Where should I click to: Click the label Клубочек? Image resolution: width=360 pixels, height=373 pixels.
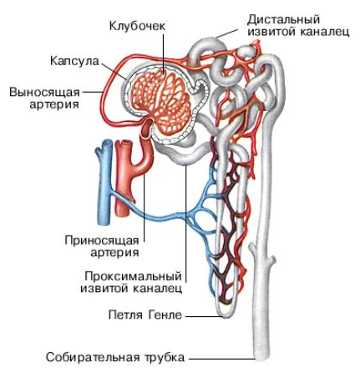(137, 26)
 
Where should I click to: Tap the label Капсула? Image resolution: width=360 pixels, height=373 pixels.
(74, 61)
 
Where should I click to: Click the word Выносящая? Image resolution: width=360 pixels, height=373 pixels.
(44, 92)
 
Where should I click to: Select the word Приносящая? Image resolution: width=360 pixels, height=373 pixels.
(102, 240)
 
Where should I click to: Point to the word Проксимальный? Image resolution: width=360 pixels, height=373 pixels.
(134, 276)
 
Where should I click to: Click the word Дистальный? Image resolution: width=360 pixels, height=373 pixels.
(283, 20)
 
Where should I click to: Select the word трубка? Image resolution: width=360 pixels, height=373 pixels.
(165, 357)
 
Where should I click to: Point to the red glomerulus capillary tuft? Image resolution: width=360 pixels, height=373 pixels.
(160, 103)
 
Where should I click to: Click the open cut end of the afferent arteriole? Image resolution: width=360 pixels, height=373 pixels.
(147, 134)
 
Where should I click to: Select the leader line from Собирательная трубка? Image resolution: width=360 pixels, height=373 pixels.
(221, 359)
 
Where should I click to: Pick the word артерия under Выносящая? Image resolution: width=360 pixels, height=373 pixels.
(54, 104)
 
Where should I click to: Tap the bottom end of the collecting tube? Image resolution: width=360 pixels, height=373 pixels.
(262, 360)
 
